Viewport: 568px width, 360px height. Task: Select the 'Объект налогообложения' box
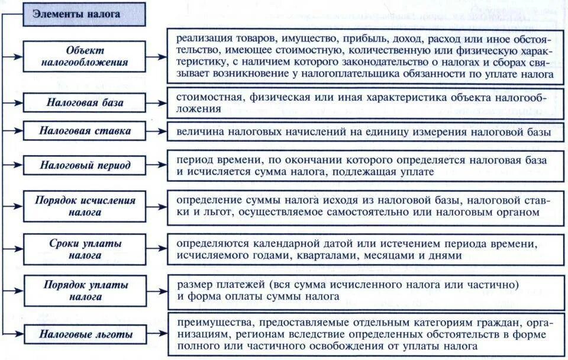click(85, 56)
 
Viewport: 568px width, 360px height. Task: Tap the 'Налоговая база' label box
click(85, 102)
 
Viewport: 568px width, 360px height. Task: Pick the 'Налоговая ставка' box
click(85, 131)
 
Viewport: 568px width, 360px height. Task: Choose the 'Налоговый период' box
click(85, 165)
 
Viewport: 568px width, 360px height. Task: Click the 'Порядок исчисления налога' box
click(85, 205)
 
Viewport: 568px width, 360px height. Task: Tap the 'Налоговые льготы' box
click(85, 335)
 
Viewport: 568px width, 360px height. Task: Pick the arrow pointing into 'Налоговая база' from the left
click(13, 102)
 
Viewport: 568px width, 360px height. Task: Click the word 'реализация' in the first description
click(202, 37)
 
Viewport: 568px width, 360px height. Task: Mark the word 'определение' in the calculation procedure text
click(206, 200)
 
